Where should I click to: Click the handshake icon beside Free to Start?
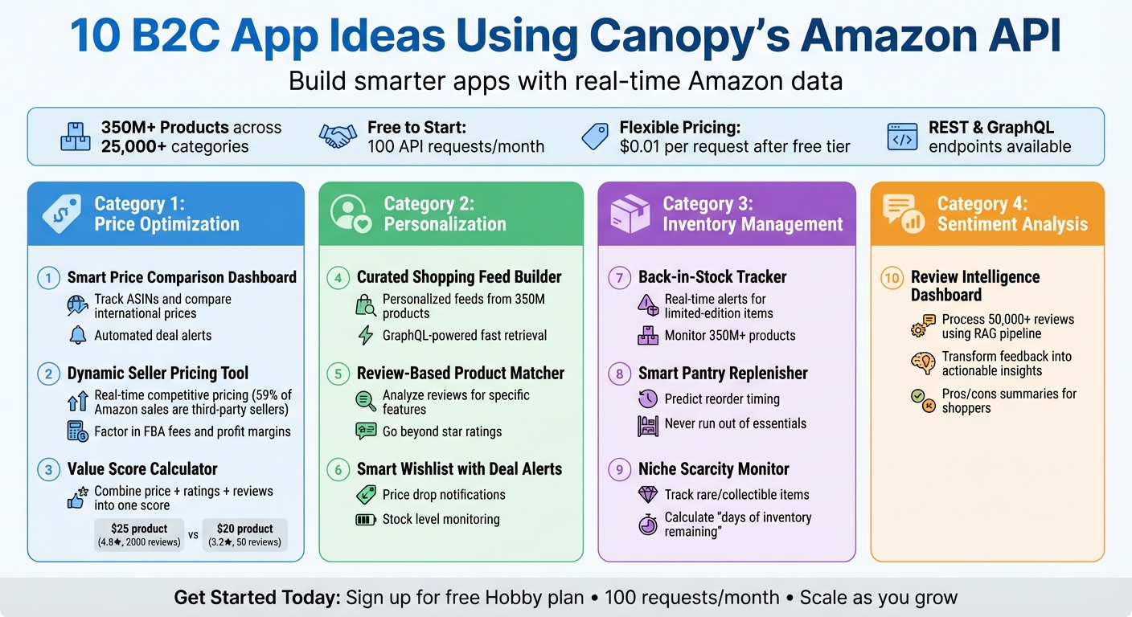click(338, 137)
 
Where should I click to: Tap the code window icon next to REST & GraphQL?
click(902, 137)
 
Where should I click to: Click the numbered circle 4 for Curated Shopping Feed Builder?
click(338, 278)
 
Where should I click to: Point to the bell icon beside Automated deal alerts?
click(78, 335)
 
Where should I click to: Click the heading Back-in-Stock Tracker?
click(712, 277)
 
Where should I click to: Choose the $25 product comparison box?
click(140, 535)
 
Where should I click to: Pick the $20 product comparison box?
click(244, 535)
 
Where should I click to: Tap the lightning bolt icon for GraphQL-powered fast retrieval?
click(366, 335)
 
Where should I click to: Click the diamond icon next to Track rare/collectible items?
click(647, 495)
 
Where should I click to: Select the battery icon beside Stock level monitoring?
click(366, 520)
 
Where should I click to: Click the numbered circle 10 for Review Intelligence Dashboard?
click(892, 279)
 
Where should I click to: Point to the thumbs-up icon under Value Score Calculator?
click(76, 500)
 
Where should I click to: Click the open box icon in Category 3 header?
click(630, 214)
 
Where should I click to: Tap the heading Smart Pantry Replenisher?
click(723, 374)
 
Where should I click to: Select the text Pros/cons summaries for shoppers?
click(1009, 401)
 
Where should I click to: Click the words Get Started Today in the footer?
click(257, 598)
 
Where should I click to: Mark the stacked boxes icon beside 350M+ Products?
click(76, 137)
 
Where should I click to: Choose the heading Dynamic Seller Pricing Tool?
click(158, 374)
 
